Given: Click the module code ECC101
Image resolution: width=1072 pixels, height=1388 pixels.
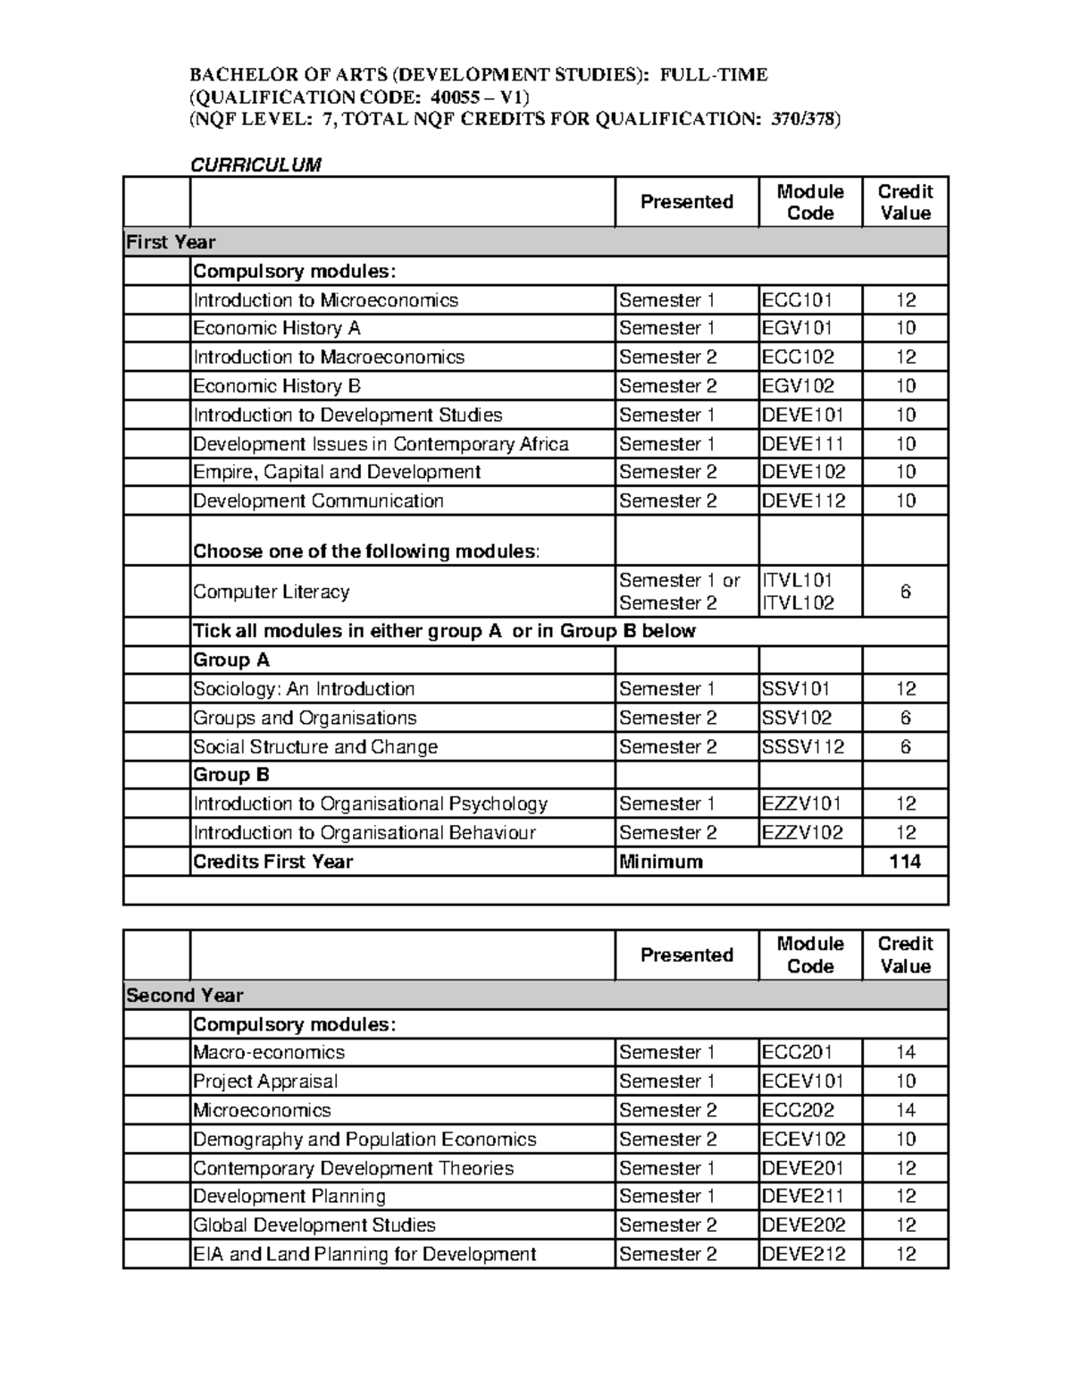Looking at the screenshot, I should pos(797,300).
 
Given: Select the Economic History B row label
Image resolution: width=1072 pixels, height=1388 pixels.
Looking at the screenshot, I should pos(277,386).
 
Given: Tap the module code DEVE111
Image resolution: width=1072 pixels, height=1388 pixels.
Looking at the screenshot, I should pos(803,444).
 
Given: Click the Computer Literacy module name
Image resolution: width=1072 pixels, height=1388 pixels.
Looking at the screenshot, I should pos(272,592).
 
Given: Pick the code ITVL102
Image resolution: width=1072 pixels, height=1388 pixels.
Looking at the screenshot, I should pos(798,603).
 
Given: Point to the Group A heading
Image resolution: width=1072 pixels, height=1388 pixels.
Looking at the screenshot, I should pos(231,660).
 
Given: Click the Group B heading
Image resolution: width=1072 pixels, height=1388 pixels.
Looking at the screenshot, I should pos(231,775).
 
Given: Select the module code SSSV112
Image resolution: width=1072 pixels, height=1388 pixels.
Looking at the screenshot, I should pos(803,747).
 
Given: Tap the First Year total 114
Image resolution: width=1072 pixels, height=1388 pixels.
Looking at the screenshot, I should pos(905,862).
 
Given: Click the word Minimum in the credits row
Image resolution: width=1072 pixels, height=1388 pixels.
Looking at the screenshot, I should pos(661,862).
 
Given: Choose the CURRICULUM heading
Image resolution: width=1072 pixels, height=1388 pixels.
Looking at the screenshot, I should pos(256,164).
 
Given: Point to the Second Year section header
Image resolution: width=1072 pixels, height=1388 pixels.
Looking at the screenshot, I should pos(185,996).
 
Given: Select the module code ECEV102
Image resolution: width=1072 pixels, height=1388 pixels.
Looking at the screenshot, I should pos(803,1140).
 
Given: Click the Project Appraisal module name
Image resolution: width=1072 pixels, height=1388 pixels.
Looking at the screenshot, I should pos(265,1081).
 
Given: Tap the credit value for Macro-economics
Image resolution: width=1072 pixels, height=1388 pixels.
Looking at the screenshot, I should pos(905,1053).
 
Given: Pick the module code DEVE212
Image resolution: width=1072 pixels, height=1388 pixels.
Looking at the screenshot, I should pos(803,1255).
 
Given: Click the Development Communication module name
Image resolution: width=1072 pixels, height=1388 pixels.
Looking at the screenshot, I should pos(318,501).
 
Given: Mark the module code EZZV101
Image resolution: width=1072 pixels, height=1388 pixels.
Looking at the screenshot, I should pos(801,804).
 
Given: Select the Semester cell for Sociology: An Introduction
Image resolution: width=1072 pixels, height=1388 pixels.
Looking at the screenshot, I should pos(667,689).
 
